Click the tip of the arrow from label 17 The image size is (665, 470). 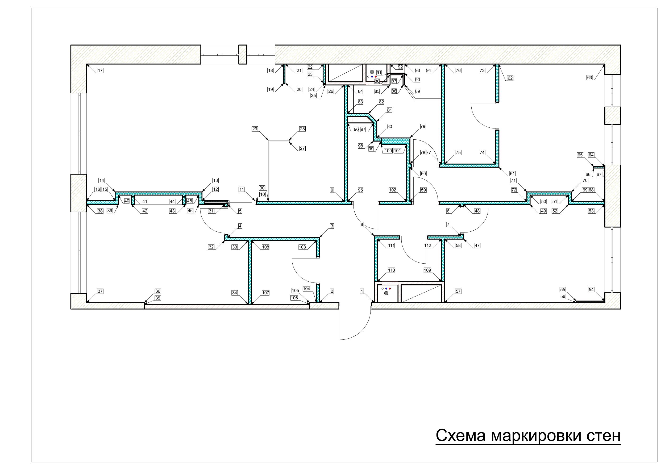pyautogui.click(x=87, y=65)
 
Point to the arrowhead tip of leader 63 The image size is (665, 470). pyautogui.click(x=604, y=65)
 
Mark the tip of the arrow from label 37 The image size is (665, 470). pyautogui.click(x=87, y=302)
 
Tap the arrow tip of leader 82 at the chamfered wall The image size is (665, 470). pyautogui.click(x=368, y=113)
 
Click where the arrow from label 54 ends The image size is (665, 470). pyautogui.click(x=604, y=301)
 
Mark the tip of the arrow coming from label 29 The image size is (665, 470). pyautogui.click(x=268, y=141)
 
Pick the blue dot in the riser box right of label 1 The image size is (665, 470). pyautogui.click(x=386, y=289)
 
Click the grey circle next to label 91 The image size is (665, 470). pyautogui.click(x=372, y=71)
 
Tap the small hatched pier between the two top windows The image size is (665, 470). pyautogui.click(x=242, y=55)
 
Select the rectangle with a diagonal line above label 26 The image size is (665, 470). pyautogui.click(x=345, y=73)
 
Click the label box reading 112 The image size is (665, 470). pyautogui.click(x=427, y=245)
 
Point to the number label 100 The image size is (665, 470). pyautogui.click(x=388, y=151)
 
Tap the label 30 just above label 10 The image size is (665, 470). pyautogui.click(x=262, y=188)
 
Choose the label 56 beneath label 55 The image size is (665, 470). pyautogui.click(x=563, y=297)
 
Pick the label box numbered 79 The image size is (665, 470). pyautogui.click(x=423, y=127)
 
